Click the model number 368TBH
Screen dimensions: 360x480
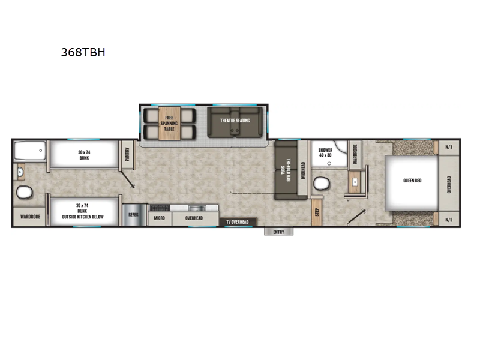click(x=83, y=52)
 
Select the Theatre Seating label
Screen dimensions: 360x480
click(x=235, y=120)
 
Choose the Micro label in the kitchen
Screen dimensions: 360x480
click(x=159, y=218)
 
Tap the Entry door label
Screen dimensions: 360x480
click(x=278, y=232)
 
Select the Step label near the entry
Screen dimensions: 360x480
click(x=316, y=212)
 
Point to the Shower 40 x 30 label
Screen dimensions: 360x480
click(x=325, y=153)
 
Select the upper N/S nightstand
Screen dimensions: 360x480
click(x=449, y=146)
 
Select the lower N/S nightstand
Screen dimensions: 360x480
click(x=449, y=220)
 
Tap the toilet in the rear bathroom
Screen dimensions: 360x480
click(x=25, y=193)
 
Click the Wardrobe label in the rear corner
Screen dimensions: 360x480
click(x=30, y=217)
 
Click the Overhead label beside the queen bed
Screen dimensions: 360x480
click(x=449, y=183)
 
